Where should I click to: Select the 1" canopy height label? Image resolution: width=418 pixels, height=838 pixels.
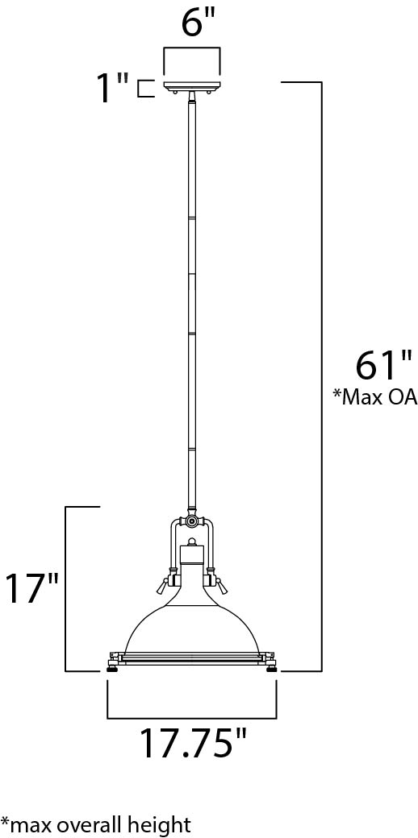pyautogui.click(x=112, y=88)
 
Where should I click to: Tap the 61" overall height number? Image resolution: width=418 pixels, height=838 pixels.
pyautogui.click(x=384, y=365)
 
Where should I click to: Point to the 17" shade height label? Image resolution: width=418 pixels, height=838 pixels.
pyautogui.click(x=30, y=589)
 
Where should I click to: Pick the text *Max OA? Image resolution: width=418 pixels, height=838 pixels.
pyautogui.click(x=374, y=397)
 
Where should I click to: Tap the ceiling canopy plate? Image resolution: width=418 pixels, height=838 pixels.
pyautogui.click(x=192, y=85)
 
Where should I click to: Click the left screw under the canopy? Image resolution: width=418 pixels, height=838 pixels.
pyautogui.click(x=175, y=93)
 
